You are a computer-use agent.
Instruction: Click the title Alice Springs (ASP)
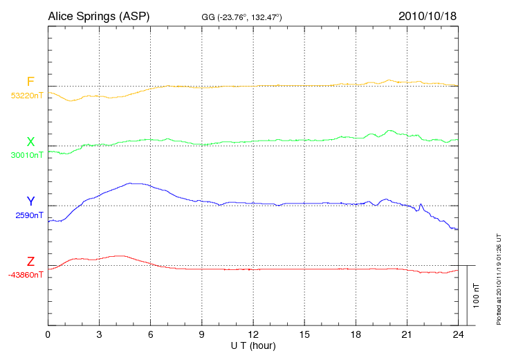tap(99, 15)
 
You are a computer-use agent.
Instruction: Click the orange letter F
tap(30, 82)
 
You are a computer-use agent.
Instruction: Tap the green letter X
tap(30, 142)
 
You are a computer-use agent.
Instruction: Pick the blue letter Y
tap(30, 201)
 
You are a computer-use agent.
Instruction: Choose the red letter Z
tap(30, 262)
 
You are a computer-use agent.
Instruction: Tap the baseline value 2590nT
tap(29, 215)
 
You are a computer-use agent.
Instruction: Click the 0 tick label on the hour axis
tap(48, 334)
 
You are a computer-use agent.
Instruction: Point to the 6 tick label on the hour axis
tap(150, 334)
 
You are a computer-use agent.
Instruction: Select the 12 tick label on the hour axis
tap(252, 334)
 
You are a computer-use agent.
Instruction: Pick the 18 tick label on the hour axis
tap(356, 334)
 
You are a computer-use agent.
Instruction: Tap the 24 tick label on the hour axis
tap(458, 334)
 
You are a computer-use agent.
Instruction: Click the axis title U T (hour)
tap(252, 345)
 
